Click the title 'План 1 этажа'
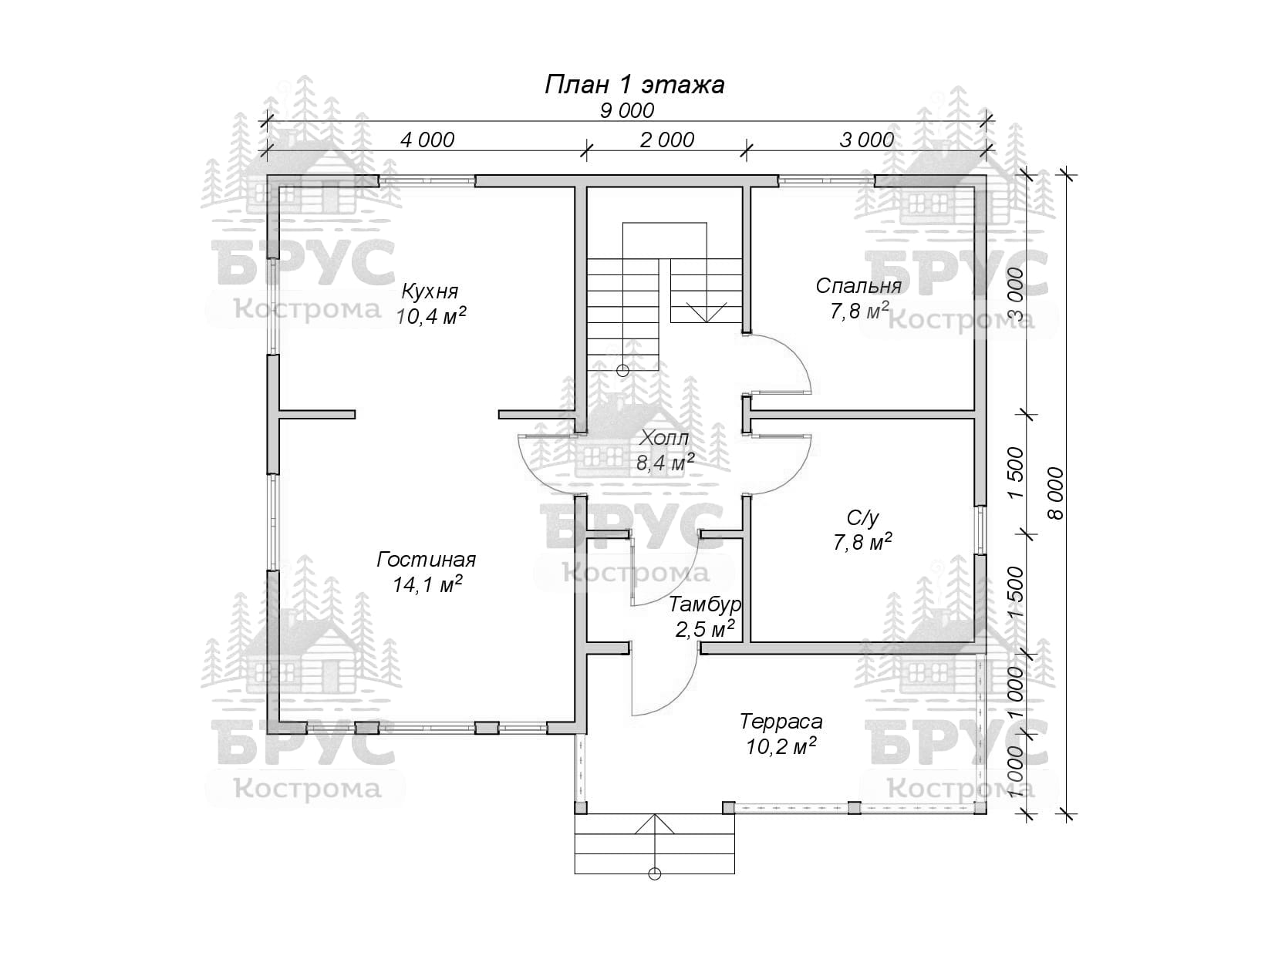[634, 85]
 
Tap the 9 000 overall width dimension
[627, 110]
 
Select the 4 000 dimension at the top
[427, 140]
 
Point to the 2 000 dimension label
[667, 140]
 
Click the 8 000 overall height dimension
[1057, 493]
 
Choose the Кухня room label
[430, 290]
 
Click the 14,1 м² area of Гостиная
[427, 584]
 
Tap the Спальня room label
[858, 285]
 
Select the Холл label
[662, 438]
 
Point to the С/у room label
[862, 517]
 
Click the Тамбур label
[704, 604]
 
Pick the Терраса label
[781, 722]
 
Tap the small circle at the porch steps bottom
[655, 890]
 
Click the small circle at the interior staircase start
[622, 370]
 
